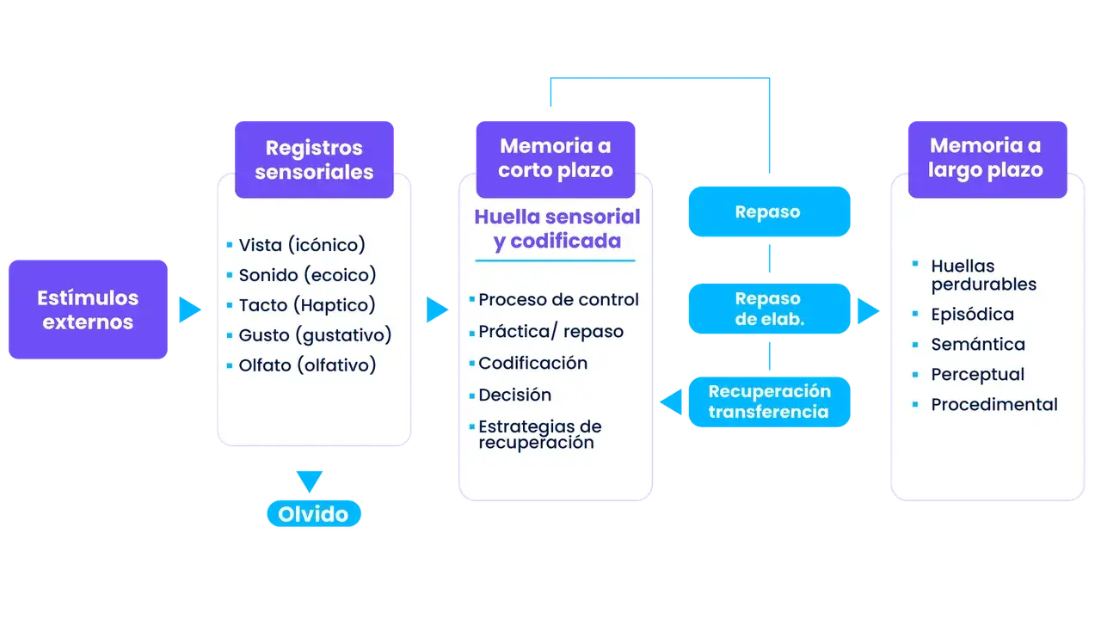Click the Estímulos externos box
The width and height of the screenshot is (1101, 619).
tap(88, 309)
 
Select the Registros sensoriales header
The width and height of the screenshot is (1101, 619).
tap(314, 160)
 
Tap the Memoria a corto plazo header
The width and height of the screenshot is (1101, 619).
tap(556, 158)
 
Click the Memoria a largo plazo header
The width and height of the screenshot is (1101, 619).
tap(986, 158)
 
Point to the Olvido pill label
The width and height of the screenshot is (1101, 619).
tap(313, 514)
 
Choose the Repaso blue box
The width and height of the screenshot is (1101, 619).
tap(767, 211)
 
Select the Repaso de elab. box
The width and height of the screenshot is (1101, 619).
tap(767, 308)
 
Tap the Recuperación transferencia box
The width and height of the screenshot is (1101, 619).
tap(769, 401)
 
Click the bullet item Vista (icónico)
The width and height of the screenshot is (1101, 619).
tap(301, 245)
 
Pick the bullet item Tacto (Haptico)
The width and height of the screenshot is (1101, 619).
tap(306, 305)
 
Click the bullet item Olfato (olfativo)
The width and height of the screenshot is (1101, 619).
tap(306, 365)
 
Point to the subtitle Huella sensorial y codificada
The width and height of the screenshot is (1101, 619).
tap(557, 229)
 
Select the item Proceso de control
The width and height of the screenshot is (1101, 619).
tap(557, 300)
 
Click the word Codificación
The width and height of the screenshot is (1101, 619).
tap(532, 364)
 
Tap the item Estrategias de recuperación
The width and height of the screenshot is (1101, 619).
tap(538, 434)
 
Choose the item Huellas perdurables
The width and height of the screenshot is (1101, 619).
tap(983, 275)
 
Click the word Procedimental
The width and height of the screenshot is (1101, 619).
tap(993, 405)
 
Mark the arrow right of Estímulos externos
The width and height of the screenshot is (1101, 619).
tap(190, 309)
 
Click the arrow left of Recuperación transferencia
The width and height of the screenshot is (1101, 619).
tap(671, 401)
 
